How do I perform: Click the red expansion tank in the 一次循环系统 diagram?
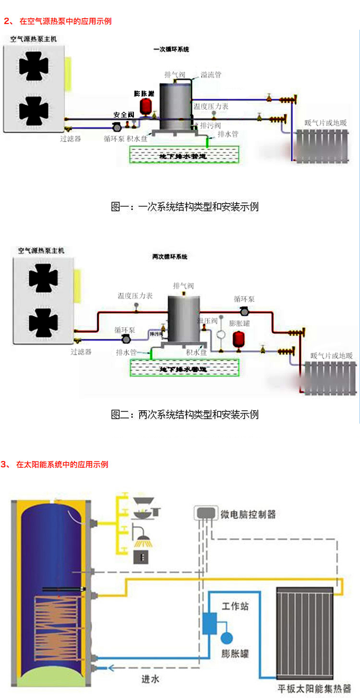coord(144,107)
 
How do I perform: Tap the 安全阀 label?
coord(123,115)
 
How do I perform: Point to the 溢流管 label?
coord(211,75)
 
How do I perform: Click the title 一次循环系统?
coord(171,49)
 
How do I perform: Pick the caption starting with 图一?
coord(185,207)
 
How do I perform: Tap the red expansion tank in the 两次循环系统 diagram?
coord(238,339)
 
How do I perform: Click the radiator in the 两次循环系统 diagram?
coord(329,378)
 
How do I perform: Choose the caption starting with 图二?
coord(185,414)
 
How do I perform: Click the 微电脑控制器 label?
coord(248,515)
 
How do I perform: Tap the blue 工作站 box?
coord(210,623)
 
